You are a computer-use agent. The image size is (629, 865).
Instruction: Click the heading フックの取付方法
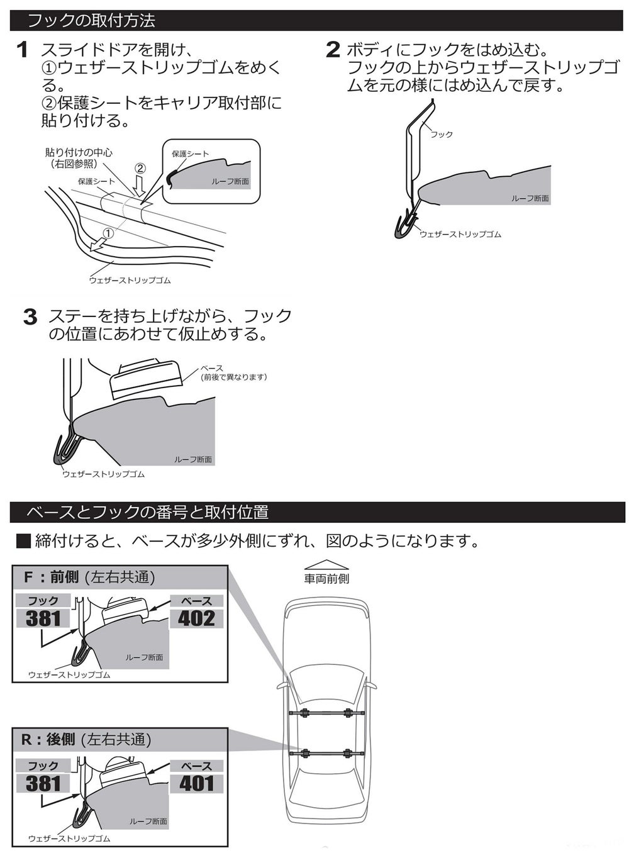point(91,21)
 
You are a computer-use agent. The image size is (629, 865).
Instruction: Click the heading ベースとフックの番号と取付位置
point(147,512)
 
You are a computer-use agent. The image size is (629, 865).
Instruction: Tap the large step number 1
point(23,50)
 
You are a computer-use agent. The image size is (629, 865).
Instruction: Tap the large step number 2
point(333,50)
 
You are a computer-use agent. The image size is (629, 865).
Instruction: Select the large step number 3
point(30,317)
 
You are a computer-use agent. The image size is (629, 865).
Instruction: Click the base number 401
point(196,783)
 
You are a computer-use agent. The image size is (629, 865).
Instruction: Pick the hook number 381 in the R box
point(43,783)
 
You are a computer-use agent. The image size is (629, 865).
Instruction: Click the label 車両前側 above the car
point(326,579)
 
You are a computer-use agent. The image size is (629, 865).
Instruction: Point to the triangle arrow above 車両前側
point(326,564)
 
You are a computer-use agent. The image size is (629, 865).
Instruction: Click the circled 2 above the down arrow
point(140,169)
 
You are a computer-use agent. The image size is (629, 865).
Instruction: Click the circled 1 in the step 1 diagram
point(108,233)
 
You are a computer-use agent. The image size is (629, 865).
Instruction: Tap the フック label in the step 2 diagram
point(442,135)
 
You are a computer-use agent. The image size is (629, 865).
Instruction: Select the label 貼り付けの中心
point(79,152)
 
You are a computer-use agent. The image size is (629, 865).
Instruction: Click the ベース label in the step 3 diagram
point(211,369)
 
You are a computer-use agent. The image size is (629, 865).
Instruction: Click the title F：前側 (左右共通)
point(89,577)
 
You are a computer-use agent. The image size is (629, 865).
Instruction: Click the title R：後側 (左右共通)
point(86,739)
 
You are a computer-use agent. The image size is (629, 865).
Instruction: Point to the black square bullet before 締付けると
point(23,541)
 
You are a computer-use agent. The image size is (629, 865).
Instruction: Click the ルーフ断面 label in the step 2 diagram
point(530,199)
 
